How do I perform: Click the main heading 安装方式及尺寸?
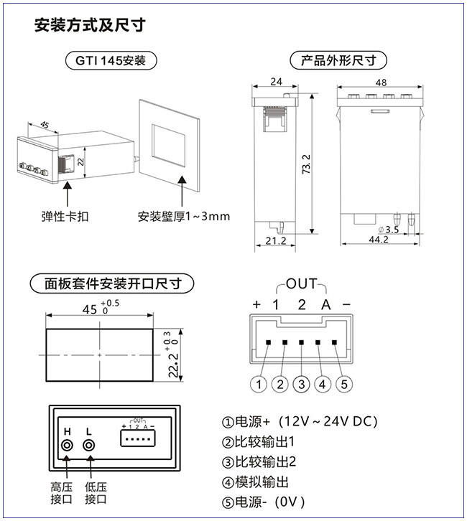click(x=90, y=26)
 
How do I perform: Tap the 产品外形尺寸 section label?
click(x=338, y=60)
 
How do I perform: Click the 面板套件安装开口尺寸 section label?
click(x=111, y=283)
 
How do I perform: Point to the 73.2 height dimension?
click(x=306, y=165)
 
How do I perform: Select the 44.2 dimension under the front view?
click(x=378, y=240)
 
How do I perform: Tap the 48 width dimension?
click(x=381, y=83)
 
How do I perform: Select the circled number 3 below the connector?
click(x=302, y=383)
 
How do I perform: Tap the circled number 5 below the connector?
click(x=345, y=383)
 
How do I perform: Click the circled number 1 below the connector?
click(x=259, y=383)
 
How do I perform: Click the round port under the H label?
click(x=68, y=446)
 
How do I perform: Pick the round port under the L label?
click(x=90, y=446)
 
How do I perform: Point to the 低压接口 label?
click(x=96, y=492)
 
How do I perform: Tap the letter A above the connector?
click(x=325, y=304)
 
